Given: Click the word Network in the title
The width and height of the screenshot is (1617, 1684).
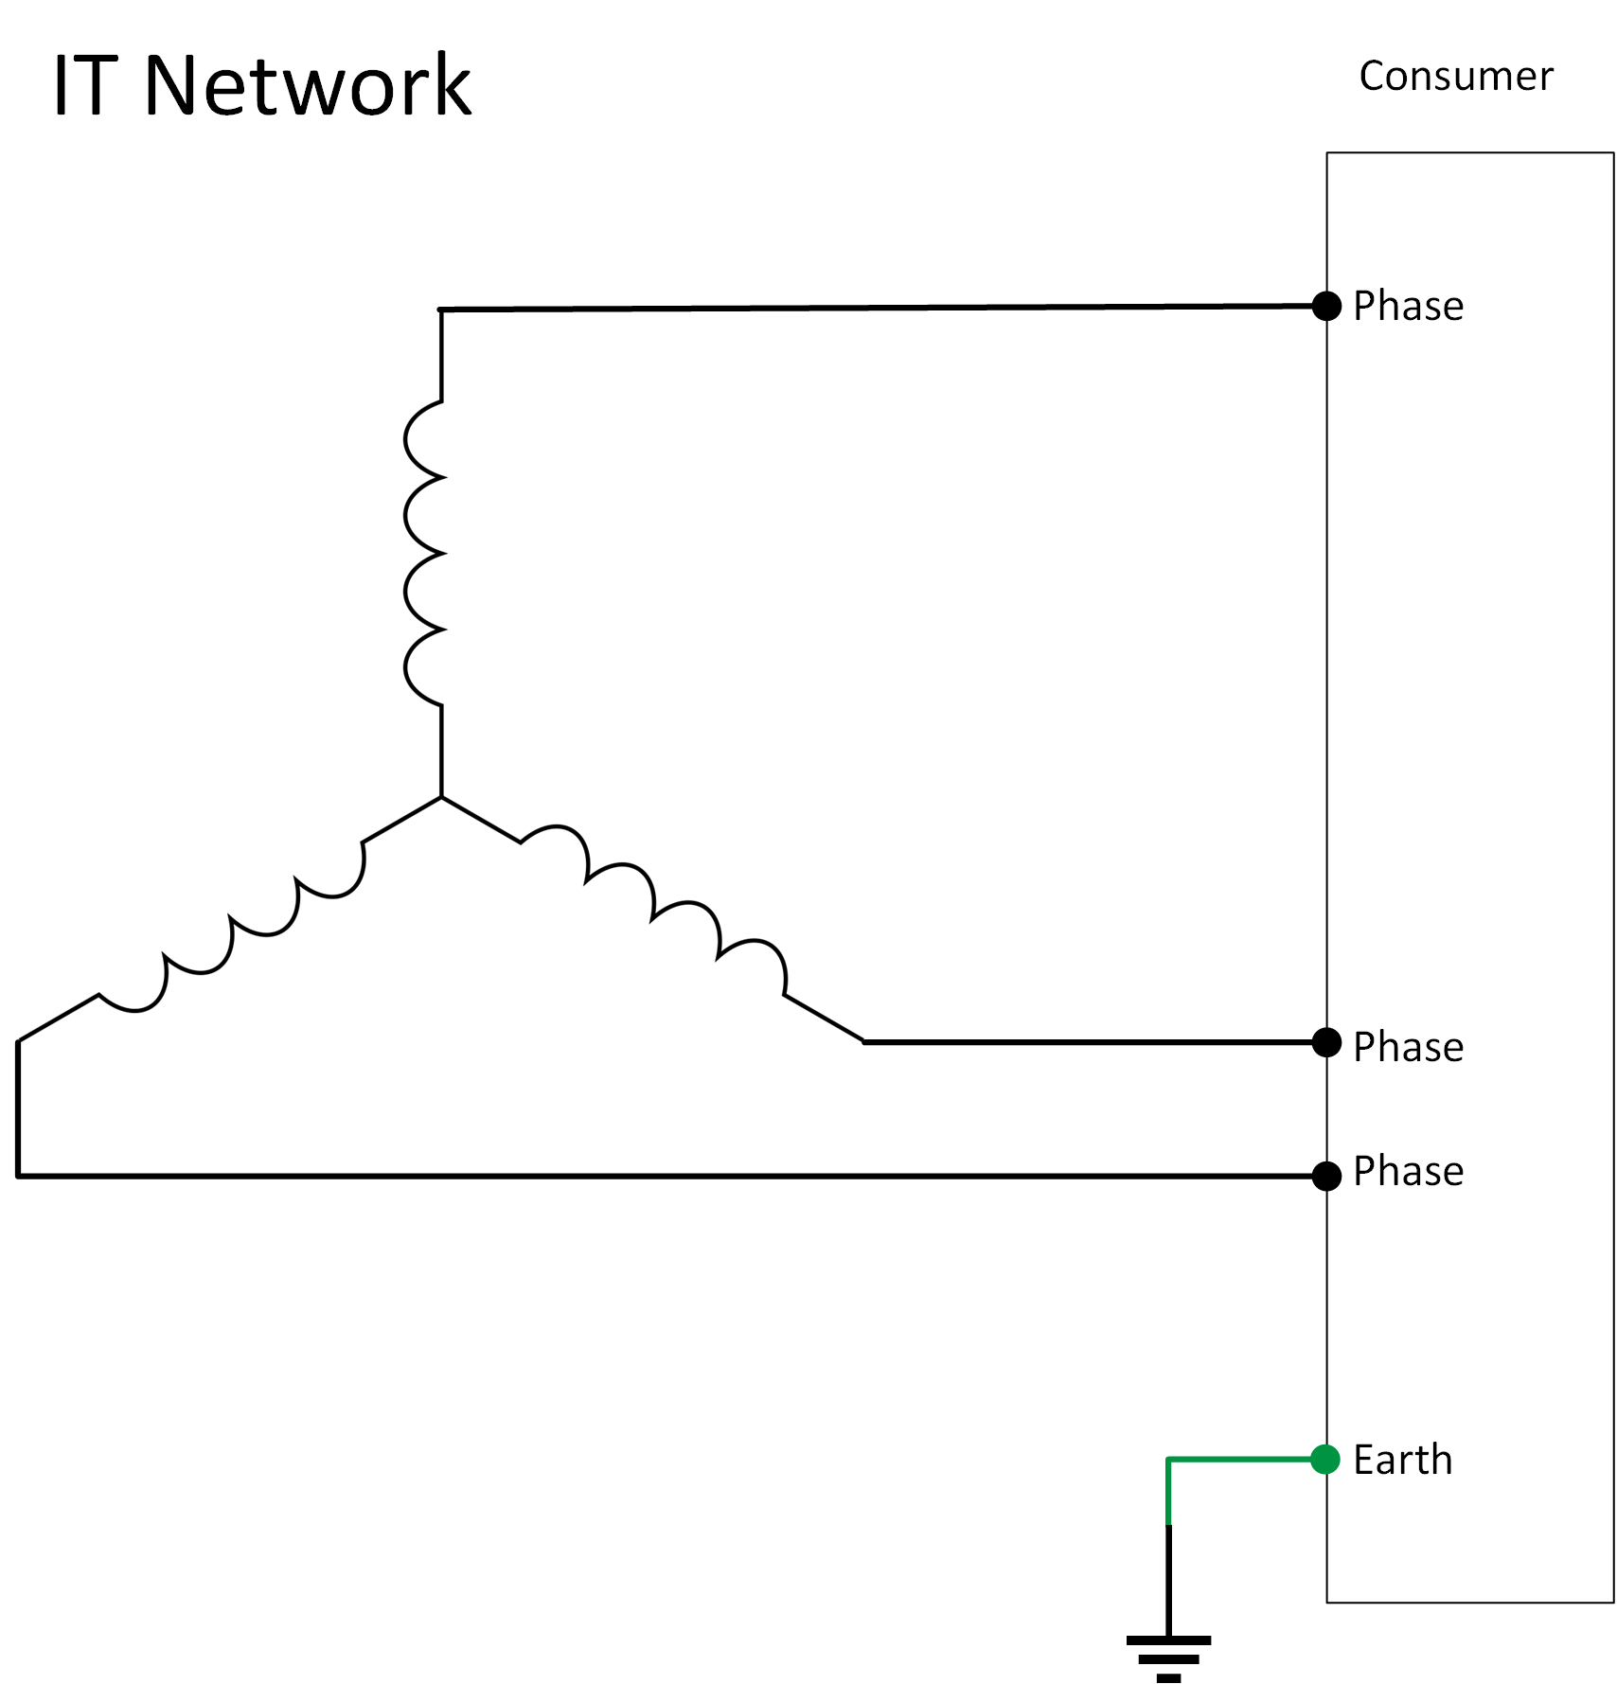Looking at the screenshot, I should click(x=307, y=86).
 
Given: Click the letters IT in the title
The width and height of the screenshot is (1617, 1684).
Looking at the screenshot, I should click(x=85, y=86).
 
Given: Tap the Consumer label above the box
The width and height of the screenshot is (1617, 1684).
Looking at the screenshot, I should click(x=1455, y=77).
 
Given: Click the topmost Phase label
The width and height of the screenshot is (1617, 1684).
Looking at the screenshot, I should click(x=1408, y=307).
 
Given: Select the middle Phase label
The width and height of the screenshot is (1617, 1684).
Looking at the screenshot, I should click(x=1408, y=1047).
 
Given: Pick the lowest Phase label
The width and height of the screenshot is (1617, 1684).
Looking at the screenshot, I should click(x=1408, y=1172).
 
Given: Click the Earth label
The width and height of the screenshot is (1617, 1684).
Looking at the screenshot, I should click(x=1402, y=1460).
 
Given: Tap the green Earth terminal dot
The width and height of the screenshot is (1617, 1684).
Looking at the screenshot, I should click(x=1325, y=1459).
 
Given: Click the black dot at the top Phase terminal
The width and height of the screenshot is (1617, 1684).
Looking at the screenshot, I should click(x=1326, y=306).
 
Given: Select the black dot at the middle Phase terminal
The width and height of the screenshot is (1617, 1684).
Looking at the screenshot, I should click(x=1326, y=1042).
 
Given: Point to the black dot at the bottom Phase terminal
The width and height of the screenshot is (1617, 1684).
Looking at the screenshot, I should click(x=1326, y=1176).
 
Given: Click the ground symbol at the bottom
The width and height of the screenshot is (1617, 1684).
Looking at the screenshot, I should click(x=1168, y=1657).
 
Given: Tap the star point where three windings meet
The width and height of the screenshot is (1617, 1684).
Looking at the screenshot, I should click(x=441, y=797).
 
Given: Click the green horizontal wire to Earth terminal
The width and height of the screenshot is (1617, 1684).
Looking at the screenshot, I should click(x=1240, y=1460).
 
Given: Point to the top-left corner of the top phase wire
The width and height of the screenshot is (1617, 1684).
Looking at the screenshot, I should click(x=441, y=310).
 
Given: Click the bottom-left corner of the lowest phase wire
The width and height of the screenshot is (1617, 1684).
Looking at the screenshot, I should click(x=18, y=1176).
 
